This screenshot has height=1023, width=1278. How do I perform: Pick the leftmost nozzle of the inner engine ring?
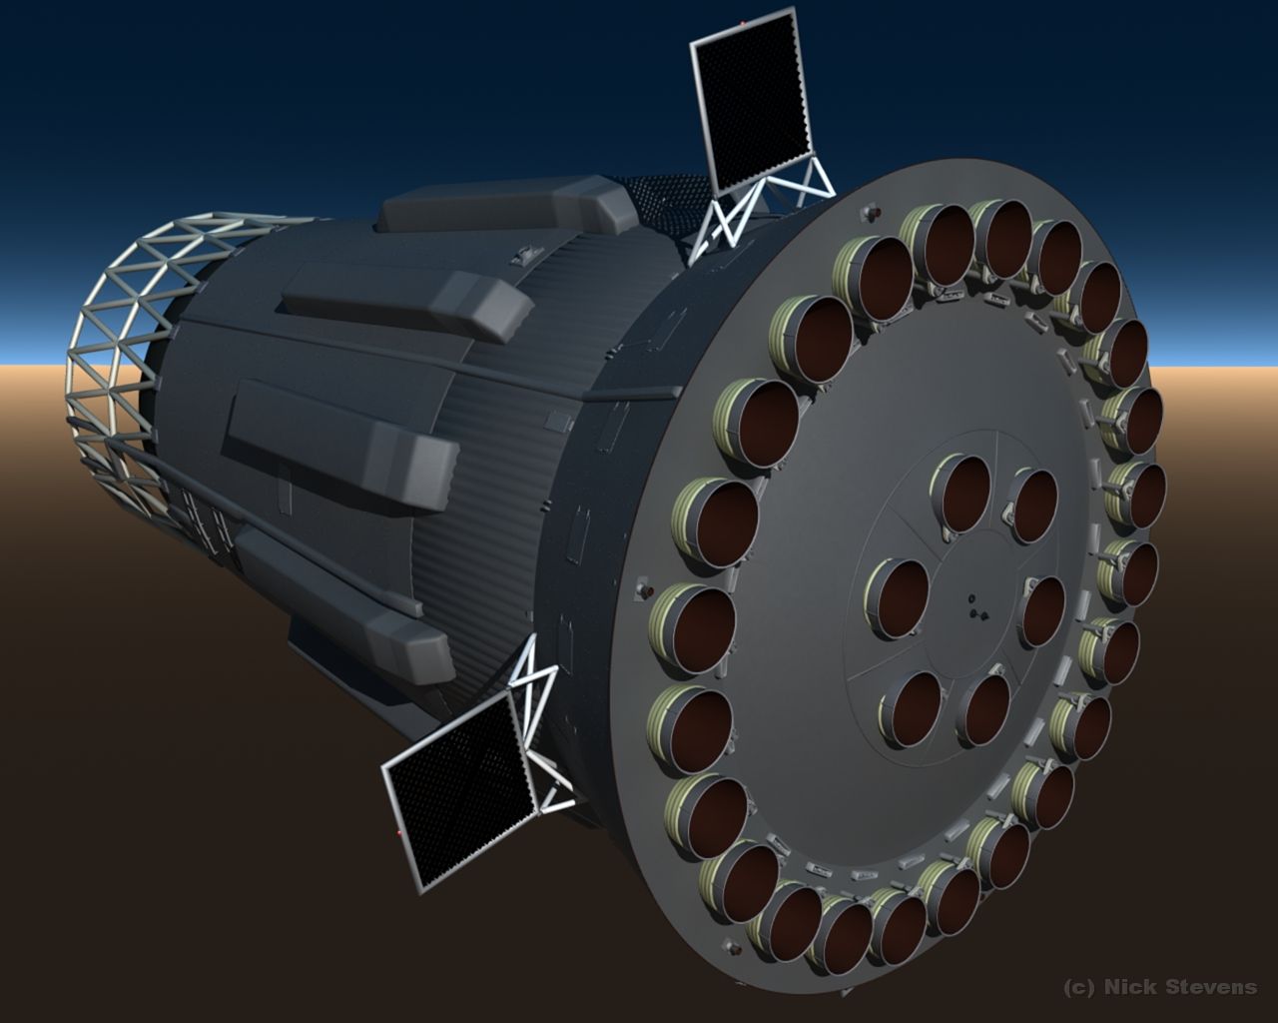898,600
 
